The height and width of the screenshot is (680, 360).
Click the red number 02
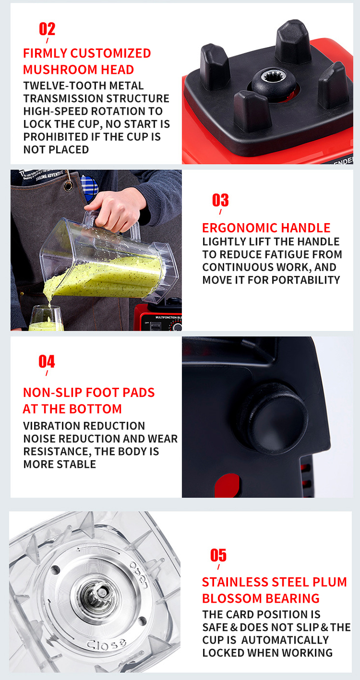point(47,29)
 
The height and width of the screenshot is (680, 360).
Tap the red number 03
point(220,200)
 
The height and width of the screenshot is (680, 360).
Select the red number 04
point(47,361)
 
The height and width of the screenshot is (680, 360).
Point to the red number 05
point(218,555)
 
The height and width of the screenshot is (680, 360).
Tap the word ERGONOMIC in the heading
point(238,227)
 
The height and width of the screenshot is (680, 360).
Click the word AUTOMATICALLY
point(285,640)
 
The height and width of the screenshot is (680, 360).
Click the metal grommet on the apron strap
point(68,186)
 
